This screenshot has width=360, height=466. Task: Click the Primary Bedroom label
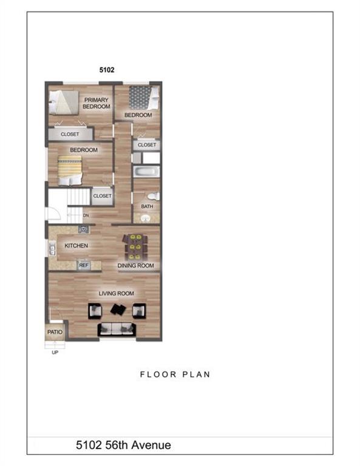tap(97, 103)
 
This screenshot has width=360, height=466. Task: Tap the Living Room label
tap(116, 293)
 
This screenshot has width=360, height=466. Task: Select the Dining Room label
tap(135, 266)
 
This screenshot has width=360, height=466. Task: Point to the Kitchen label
tap(76, 246)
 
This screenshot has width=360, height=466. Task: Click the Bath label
tap(147, 206)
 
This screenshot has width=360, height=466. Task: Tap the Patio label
tap(55, 332)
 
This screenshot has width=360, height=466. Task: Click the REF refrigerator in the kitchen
tap(84, 265)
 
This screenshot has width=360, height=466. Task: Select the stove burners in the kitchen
tap(83, 229)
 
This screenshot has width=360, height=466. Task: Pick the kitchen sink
tap(52, 248)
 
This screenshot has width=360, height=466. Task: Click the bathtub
tap(146, 172)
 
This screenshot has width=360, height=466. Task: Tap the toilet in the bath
tap(154, 196)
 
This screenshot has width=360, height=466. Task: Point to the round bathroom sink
tap(146, 218)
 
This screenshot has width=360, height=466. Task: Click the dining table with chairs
tap(135, 247)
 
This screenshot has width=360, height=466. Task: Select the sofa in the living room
tap(117, 329)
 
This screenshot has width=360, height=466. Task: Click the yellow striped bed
tap(70, 171)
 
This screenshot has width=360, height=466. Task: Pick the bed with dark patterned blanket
tap(144, 98)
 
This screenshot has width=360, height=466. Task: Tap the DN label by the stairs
tap(86, 215)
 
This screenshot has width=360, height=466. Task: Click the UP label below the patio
tap(55, 353)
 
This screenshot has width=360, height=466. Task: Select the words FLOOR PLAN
tap(175, 374)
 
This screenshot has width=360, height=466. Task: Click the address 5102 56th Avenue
tap(123, 445)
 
